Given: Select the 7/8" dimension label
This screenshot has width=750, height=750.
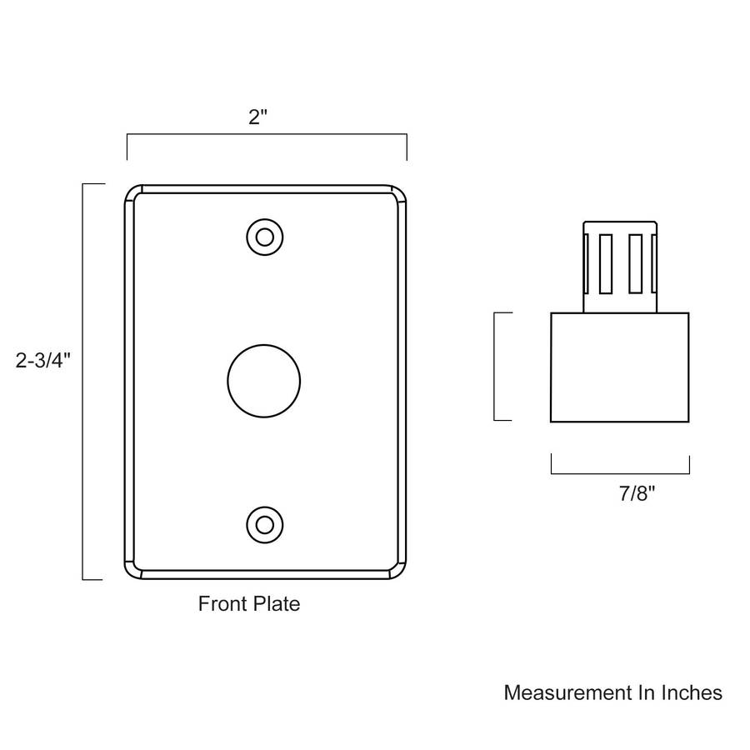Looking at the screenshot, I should pyautogui.click(x=637, y=493).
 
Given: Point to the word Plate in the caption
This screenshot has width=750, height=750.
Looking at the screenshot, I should pyautogui.click(x=276, y=603).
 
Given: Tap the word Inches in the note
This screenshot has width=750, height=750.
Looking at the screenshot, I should pyautogui.click(x=691, y=692).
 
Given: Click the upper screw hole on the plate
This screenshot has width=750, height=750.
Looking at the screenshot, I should pyautogui.click(x=265, y=237).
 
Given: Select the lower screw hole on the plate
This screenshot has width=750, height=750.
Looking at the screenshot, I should pyautogui.click(x=265, y=525).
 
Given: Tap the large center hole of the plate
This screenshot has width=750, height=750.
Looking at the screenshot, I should pyautogui.click(x=263, y=381).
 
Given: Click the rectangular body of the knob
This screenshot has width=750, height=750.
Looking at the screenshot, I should pyautogui.click(x=619, y=367).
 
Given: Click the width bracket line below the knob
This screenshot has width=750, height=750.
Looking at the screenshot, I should pyautogui.click(x=619, y=473).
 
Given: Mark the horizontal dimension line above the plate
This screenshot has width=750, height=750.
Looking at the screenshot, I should pyautogui.click(x=266, y=135).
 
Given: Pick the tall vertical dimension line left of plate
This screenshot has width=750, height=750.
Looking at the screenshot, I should pyautogui.click(x=83, y=381).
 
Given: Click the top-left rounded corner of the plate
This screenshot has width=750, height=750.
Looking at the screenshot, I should pyautogui.click(x=133, y=193).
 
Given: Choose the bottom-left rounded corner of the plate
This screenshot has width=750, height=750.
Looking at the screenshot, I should pyautogui.click(x=133, y=569).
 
